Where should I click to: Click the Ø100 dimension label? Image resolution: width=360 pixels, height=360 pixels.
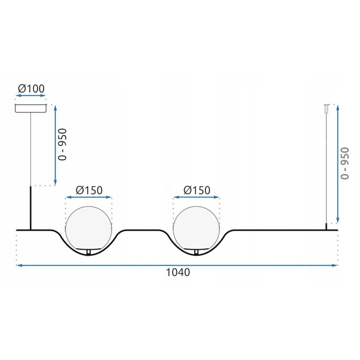click(x=31, y=88)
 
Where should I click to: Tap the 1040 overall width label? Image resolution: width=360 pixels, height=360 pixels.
click(x=178, y=272)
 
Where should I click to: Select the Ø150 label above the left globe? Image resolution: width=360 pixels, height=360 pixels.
click(x=89, y=190)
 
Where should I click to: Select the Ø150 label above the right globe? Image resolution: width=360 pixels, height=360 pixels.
click(x=197, y=190)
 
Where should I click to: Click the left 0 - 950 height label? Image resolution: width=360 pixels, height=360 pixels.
click(x=63, y=144)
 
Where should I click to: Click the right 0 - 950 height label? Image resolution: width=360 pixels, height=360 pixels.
click(x=345, y=163)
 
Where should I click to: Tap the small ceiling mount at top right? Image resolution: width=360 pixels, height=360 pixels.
click(x=326, y=108)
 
